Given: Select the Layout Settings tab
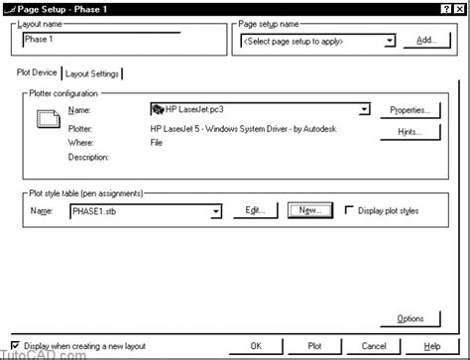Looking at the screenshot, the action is [92, 73].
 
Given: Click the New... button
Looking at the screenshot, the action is [307, 210].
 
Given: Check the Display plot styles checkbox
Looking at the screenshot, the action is [349, 210].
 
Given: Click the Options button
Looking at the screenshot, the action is [410, 318].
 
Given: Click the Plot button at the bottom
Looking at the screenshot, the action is [314, 346].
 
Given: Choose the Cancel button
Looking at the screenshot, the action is [374, 346].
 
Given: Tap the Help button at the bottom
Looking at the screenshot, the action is [432, 346].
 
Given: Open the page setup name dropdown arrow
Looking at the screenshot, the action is [389, 41].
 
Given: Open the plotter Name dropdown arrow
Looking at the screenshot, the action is [365, 109].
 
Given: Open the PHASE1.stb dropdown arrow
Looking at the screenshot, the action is [216, 211].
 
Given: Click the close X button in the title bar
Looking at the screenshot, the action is [458, 7].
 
